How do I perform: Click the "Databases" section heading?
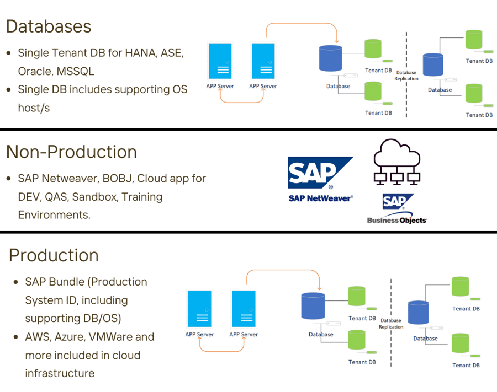pyautogui.click(x=49, y=26)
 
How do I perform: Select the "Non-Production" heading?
pyautogui.click(x=72, y=152)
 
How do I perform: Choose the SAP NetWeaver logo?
pyautogui.click(x=320, y=179)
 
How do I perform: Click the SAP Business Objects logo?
pyautogui.click(x=396, y=208)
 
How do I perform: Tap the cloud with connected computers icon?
pyautogui.click(x=396, y=161)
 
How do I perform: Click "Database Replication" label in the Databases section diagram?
pyautogui.click(x=406, y=76)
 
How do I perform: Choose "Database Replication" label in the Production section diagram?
pyautogui.click(x=391, y=324)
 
